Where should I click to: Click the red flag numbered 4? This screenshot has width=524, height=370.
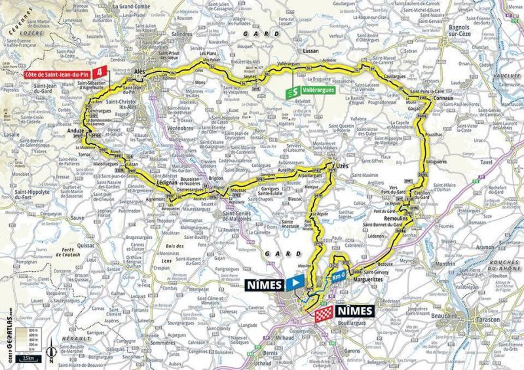click(x=100, y=71)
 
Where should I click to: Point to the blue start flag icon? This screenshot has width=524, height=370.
click(x=295, y=284)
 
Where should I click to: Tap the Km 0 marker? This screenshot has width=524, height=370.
click(x=337, y=276)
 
